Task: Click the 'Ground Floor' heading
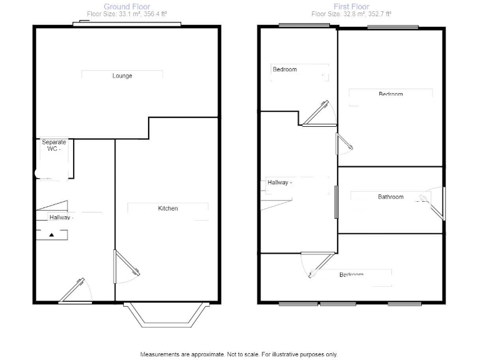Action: [126, 7]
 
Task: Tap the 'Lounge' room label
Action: [122, 76]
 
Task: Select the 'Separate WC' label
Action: [54, 146]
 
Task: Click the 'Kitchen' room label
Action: [167, 208]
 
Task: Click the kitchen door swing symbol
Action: [122, 262]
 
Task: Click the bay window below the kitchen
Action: [165, 316]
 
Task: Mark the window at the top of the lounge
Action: [127, 24]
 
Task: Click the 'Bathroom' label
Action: [391, 197]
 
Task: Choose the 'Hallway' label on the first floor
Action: [278, 182]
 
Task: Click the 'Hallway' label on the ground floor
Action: [61, 217]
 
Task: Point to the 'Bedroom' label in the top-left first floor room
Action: [284, 69]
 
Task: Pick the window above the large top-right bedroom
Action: [392, 27]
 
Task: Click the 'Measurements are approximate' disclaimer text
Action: [239, 354]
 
